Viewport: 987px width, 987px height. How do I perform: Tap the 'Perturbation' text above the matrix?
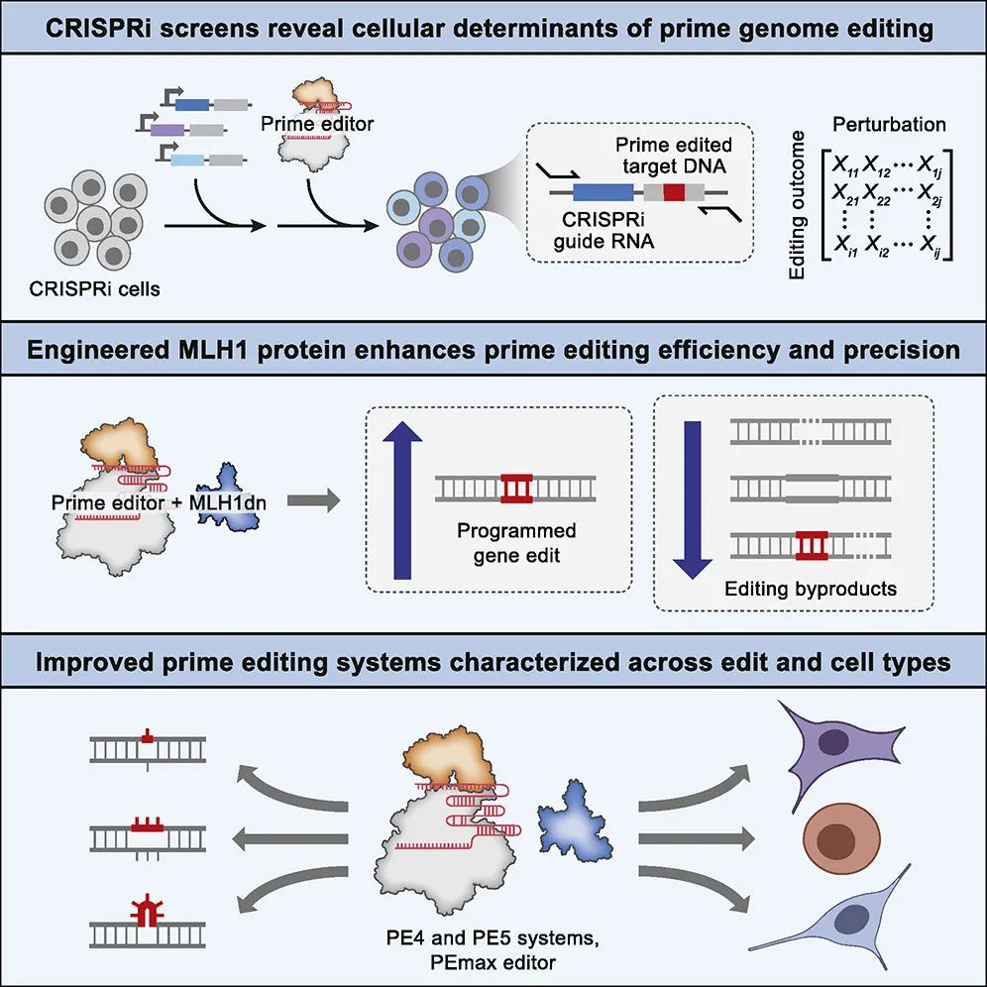click(x=888, y=126)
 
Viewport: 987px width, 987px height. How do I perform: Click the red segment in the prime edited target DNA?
click(x=674, y=193)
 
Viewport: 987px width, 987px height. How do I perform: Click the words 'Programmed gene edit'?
click(x=515, y=543)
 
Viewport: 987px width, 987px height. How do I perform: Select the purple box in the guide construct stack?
click(x=167, y=129)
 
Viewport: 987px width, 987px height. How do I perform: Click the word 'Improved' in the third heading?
click(x=91, y=662)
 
